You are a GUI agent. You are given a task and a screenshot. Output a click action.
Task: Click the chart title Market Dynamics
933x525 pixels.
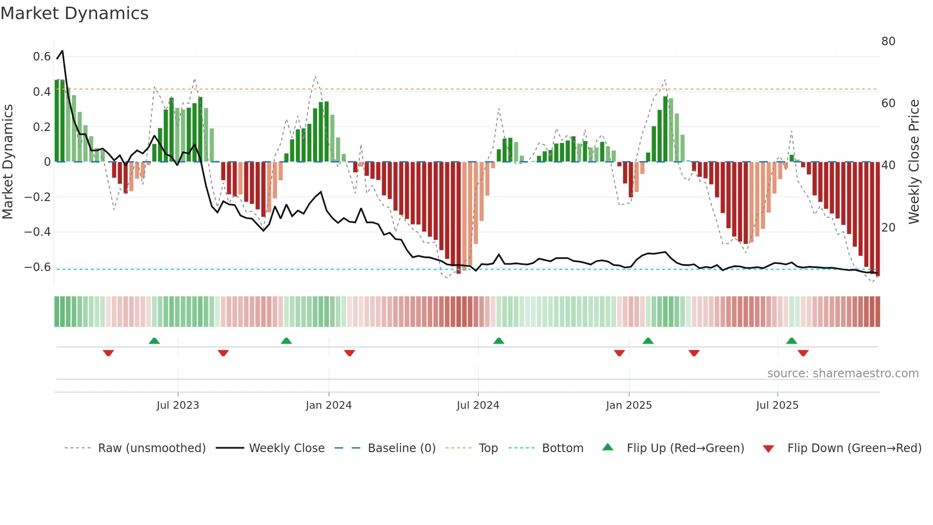(74, 13)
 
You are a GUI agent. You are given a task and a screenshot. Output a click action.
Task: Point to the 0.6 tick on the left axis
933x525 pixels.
(42, 57)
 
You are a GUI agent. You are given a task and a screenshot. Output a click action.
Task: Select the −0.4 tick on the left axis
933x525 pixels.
(38, 232)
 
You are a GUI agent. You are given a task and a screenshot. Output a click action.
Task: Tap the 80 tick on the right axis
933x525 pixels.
(888, 41)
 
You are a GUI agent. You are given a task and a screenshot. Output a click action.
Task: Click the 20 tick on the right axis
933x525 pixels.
(888, 228)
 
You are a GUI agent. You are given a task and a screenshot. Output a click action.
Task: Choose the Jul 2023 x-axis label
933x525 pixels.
(178, 405)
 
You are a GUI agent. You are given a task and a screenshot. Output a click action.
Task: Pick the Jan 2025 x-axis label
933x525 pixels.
(628, 405)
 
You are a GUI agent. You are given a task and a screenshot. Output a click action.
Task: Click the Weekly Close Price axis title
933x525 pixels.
(914, 162)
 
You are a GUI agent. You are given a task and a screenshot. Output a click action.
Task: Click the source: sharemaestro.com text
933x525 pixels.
(843, 374)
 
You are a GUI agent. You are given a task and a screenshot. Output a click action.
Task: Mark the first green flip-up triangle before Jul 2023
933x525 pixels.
(154, 341)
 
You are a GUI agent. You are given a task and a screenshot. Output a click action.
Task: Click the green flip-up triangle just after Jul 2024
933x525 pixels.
(498, 341)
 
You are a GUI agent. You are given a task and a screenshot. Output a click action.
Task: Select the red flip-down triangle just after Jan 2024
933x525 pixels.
(349, 353)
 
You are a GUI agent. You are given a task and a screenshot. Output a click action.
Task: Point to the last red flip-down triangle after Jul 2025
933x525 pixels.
(803, 353)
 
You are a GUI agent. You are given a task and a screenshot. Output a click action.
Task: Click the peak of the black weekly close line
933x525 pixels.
(62, 51)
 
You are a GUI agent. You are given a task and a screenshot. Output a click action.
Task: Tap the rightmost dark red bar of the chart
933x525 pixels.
(878, 219)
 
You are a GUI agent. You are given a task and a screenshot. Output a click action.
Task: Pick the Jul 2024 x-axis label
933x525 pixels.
(478, 405)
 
